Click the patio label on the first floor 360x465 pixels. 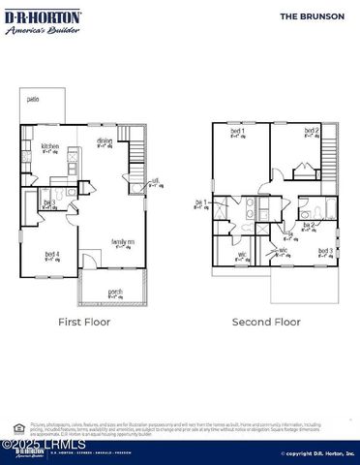33,99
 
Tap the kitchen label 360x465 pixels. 49,147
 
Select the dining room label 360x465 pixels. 105,141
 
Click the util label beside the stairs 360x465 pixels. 155,180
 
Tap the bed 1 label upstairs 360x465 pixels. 236,132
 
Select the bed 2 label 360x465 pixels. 312,131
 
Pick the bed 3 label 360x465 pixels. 325,252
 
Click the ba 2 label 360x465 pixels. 310,226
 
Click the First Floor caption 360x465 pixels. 84,322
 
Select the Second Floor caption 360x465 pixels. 266,322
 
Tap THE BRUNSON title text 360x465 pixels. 312,16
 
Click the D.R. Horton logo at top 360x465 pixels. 43,21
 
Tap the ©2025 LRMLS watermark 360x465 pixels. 44,445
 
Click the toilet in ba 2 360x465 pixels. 304,212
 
